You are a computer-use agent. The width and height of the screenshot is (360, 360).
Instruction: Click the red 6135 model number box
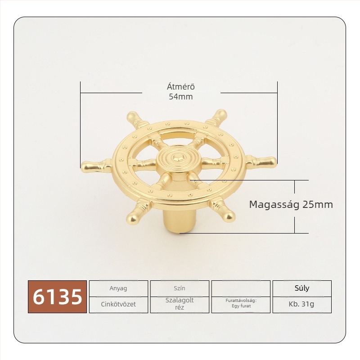coord(57,297)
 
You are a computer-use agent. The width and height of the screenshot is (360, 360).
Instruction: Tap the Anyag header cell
coord(118,288)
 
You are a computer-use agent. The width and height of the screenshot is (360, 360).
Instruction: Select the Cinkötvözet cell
coord(118,305)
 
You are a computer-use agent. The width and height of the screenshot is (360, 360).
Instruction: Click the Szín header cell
coord(180,288)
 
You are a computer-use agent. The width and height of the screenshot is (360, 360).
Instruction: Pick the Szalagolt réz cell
coord(180,305)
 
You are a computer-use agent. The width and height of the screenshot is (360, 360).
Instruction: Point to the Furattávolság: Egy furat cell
coord(241,305)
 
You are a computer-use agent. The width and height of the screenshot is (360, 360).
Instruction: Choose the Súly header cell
coord(302,288)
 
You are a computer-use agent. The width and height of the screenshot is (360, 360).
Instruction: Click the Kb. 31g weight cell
coord(302,305)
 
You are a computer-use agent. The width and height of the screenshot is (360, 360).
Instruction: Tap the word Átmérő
coord(181,87)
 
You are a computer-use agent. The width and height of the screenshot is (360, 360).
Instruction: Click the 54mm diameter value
coord(181,97)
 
